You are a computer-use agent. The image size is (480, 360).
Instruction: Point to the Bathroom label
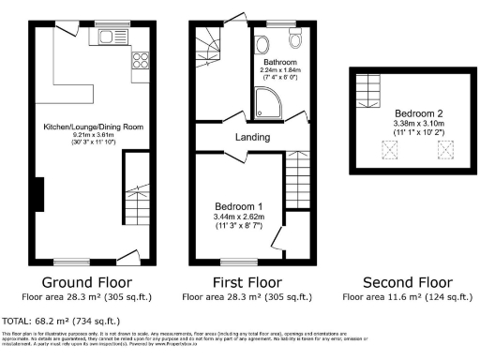(x=278, y=63)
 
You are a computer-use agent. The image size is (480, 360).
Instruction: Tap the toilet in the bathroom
(x=296, y=41)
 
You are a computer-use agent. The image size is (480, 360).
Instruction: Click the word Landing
(x=252, y=137)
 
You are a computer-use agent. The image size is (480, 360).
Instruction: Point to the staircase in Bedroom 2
(x=368, y=91)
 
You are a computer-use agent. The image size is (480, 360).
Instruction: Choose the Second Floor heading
(x=407, y=282)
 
